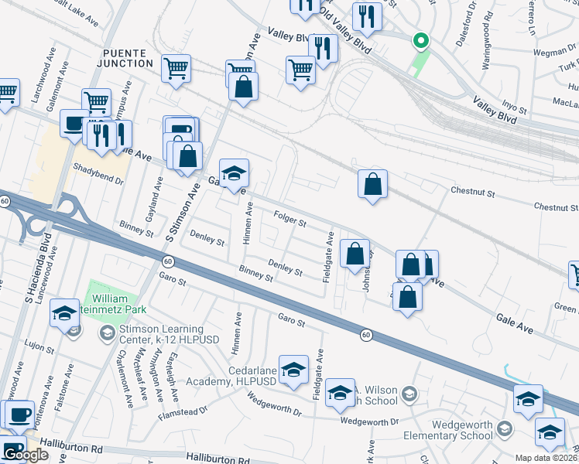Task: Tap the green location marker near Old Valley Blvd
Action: point(420,40)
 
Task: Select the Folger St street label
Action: point(291,219)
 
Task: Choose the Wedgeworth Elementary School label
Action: point(455,428)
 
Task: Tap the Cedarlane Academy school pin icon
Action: point(293,370)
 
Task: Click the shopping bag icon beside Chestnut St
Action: point(373,184)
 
